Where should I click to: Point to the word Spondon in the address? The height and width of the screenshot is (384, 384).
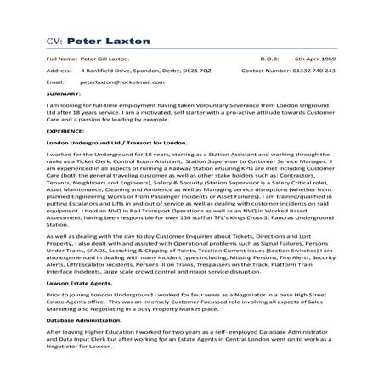coord(137,71)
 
